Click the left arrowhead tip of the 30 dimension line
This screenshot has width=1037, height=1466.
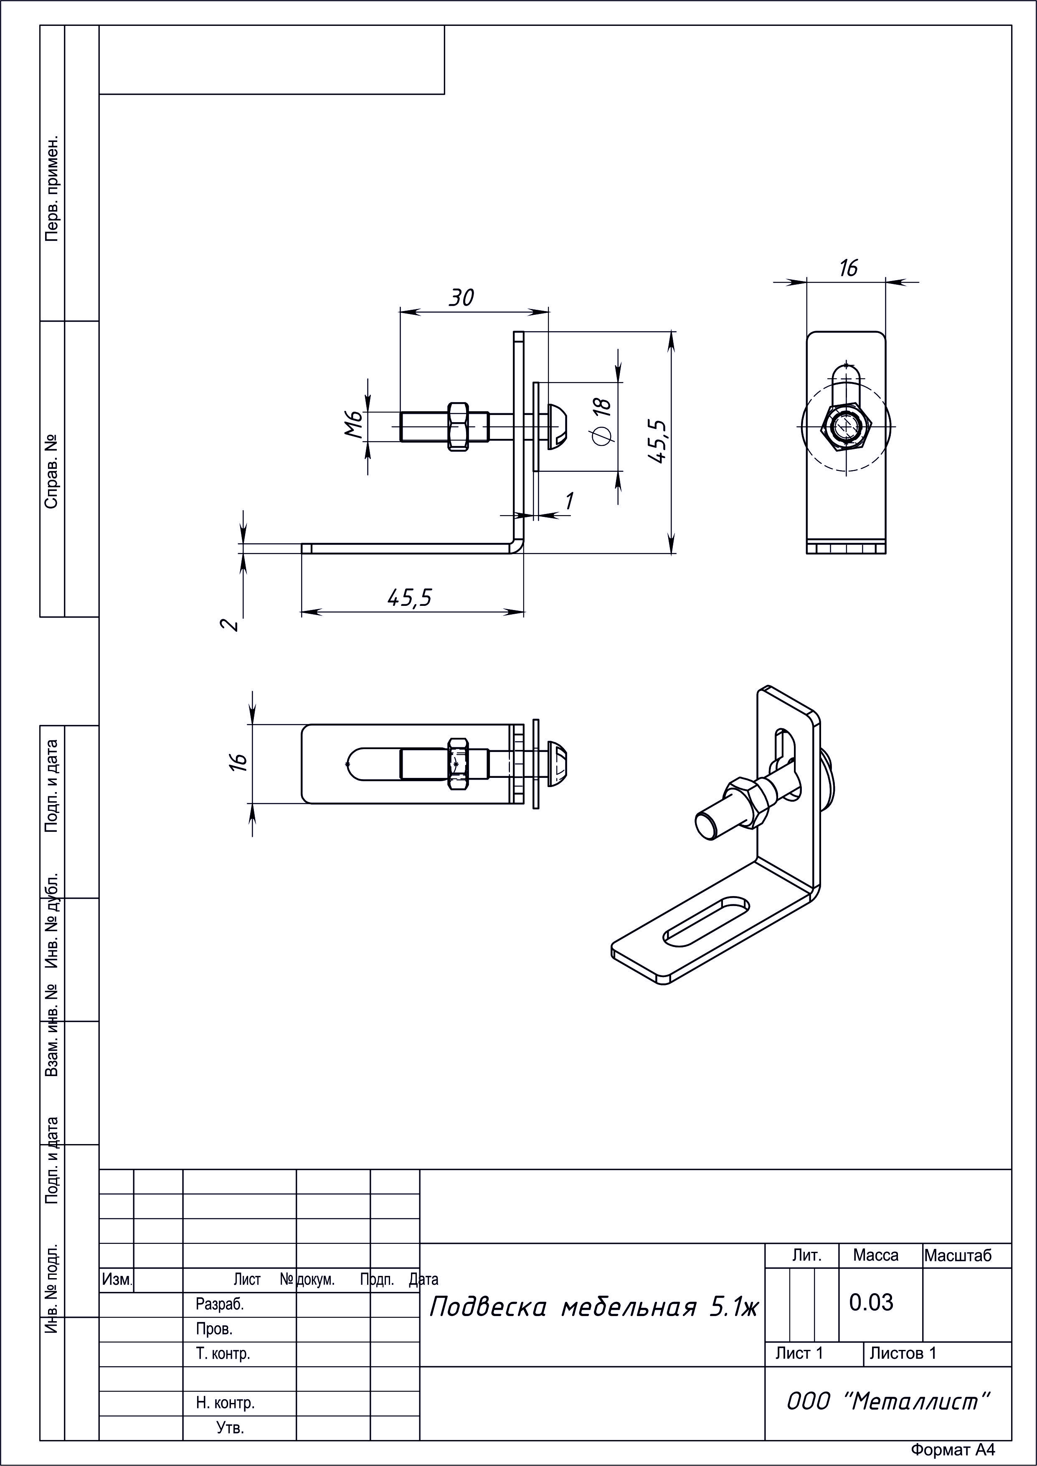tap(401, 311)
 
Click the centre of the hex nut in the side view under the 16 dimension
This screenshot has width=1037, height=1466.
tap(847, 425)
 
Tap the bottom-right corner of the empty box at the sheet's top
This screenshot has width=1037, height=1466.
tap(444, 94)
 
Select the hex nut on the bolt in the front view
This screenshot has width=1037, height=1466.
tap(459, 426)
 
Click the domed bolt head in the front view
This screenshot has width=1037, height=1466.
tap(558, 426)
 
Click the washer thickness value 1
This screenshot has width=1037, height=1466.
tap(568, 501)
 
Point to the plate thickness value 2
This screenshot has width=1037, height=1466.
tap(230, 624)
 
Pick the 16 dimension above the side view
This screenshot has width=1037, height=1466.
tap(848, 268)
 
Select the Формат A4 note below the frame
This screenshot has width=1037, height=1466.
tap(953, 1450)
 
